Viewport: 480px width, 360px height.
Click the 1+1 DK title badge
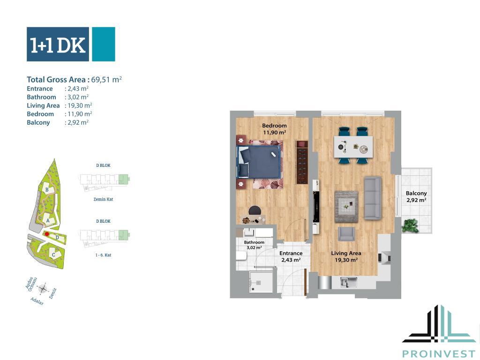pyautogui.click(x=71, y=45)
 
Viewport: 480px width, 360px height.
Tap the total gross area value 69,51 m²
pyautogui.click(x=106, y=79)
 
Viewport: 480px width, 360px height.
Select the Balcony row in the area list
pyautogui.click(x=58, y=122)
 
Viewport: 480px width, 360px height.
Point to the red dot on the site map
pyautogui.click(x=47, y=234)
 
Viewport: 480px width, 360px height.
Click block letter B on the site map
pyautogui.click(x=47, y=189)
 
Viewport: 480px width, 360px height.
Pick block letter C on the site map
pyautogui.click(x=53, y=255)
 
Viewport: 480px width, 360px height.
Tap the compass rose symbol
pyautogui.click(x=43, y=289)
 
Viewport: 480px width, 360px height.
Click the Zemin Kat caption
pyautogui.click(x=103, y=199)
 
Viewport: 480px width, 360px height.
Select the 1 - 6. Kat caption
pyautogui.click(x=103, y=255)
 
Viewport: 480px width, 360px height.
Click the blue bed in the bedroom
pyautogui.click(x=259, y=161)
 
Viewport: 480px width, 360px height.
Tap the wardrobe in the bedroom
pyautogui.click(x=301, y=162)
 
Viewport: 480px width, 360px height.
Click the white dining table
pyautogui.click(x=353, y=147)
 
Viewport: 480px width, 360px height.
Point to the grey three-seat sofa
pyautogui.click(x=373, y=198)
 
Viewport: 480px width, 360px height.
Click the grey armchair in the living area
pyautogui.click(x=346, y=234)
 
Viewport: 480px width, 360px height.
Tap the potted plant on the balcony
pyautogui.click(x=410, y=226)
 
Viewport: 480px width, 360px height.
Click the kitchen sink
pyautogui.click(x=349, y=282)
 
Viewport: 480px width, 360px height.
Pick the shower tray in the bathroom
pyautogui.click(x=261, y=282)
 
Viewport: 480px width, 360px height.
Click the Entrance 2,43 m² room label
pyautogui.click(x=291, y=256)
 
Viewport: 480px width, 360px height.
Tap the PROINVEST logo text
pyautogui.click(x=439, y=354)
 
